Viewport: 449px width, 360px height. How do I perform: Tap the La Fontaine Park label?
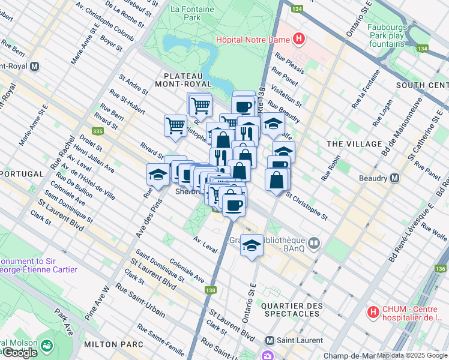click(x=184, y=13)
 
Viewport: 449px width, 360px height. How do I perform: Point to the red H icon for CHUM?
click(x=373, y=313)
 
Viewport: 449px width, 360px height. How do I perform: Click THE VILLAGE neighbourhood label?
click(x=354, y=144)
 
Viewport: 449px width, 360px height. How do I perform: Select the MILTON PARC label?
click(x=113, y=344)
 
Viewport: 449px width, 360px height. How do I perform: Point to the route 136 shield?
click(x=441, y=268)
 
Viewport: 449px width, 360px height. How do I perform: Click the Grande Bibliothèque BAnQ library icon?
click(x=315, y=242)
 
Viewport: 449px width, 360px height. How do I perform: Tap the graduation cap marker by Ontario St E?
click(x=252, y=244)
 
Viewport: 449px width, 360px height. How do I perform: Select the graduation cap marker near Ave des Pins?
click(x=158, y=175)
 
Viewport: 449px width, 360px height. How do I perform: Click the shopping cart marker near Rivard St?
click(x=175, y=126)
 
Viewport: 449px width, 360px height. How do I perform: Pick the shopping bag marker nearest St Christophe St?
click(x=277, y=179)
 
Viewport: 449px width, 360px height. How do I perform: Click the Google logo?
click(x=20, y=353)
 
